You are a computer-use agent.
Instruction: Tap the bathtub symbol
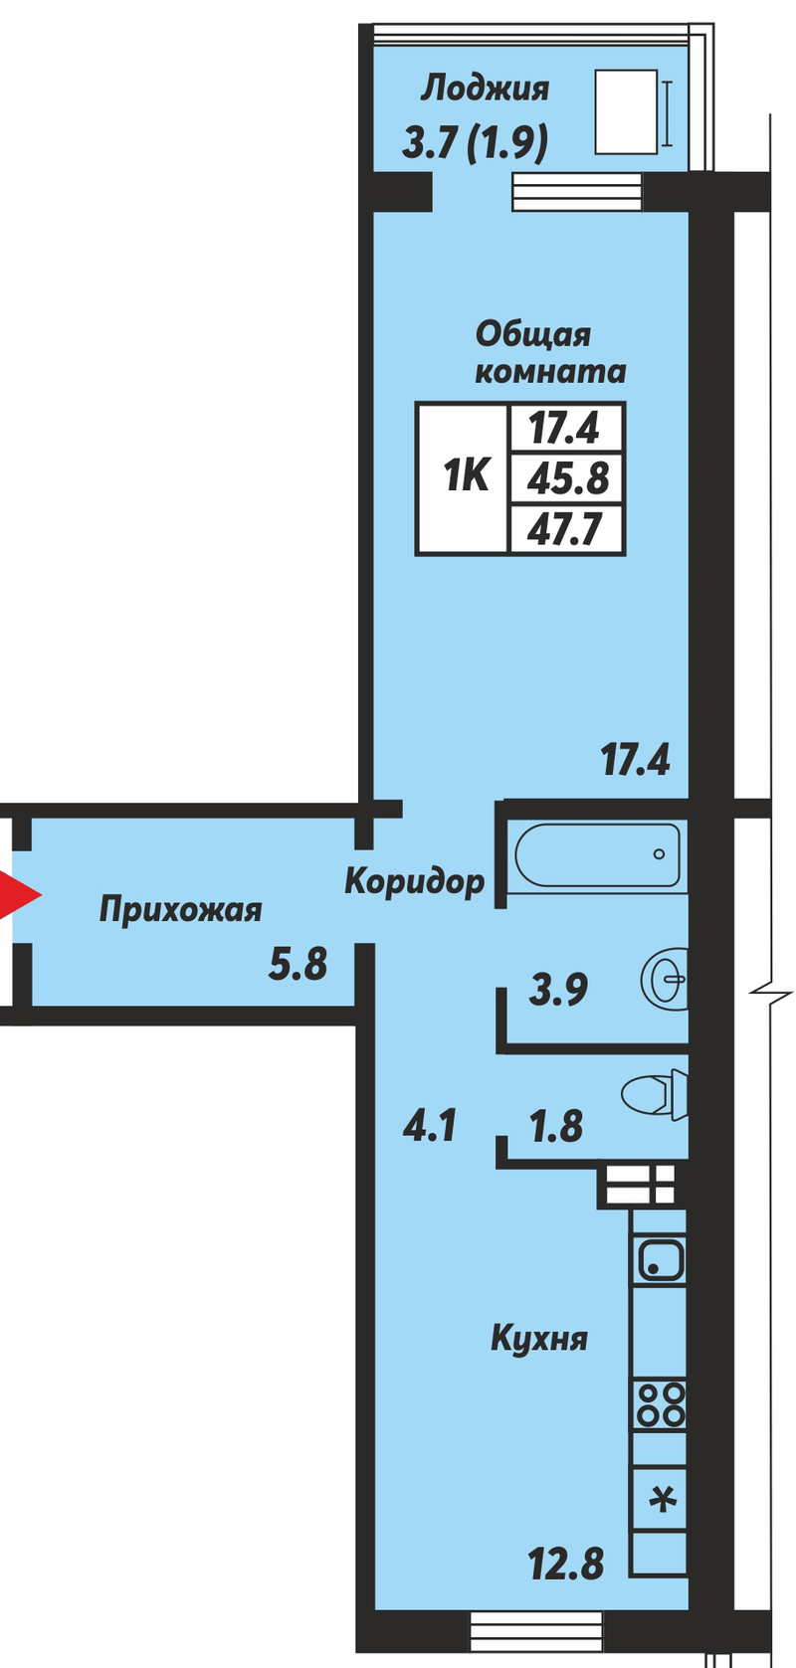pos(597,853)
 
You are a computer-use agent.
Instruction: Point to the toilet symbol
pos(655,1095)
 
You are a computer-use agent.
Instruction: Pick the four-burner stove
pos(659,1404)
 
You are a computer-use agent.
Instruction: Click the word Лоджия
pos(485,90)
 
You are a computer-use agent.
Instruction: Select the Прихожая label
pos(180,909)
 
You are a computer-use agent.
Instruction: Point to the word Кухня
pos(539,1338)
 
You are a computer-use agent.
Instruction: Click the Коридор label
pos(414,882)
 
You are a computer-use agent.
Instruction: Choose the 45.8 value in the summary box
pos(567,477)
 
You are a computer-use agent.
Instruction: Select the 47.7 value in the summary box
pos(564,529)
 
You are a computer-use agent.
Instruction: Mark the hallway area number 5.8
pos(298,964)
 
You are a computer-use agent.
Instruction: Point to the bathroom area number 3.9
pos(558,990)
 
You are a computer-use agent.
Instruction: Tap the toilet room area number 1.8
pos(556,1126)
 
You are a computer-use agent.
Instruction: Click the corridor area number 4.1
pos(429,1124)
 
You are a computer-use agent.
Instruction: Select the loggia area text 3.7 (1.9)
pos(475,143)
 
